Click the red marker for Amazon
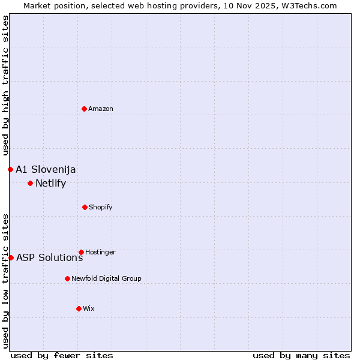point(84,109)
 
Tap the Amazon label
point(101,109)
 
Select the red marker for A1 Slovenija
point(10,169)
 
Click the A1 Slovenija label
point(46,169)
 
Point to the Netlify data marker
point(30,183)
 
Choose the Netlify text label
point(50,184)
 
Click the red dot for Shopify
point(85,207)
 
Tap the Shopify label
point(101,207)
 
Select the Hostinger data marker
point(81,252)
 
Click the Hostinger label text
point(100,252)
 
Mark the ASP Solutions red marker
point(11,257)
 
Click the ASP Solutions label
point(49,258)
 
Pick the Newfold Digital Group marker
point(67,278)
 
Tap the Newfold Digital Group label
point(106,278)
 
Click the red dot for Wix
point(79,308)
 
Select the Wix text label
point(89,308)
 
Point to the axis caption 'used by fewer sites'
point(62,355)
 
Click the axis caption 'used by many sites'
point(301,355)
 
